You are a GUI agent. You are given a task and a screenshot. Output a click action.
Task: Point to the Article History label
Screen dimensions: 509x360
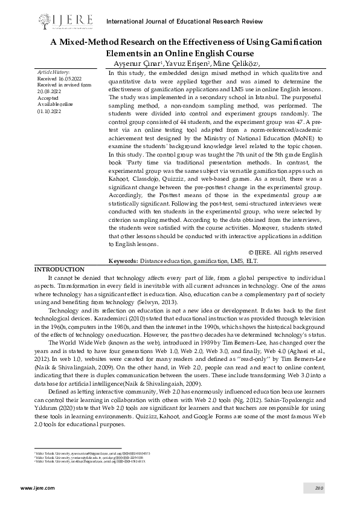(54, 73)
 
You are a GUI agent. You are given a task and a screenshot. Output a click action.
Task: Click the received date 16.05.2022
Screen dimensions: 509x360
(68, 79)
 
